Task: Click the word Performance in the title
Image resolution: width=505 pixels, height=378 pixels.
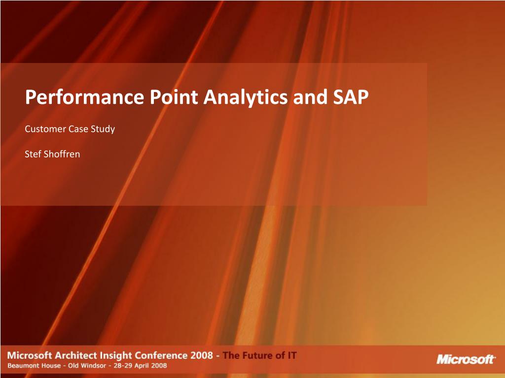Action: pyautogui.click(x=84, y=97)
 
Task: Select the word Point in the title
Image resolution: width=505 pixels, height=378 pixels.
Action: pyautogui.click(x=174, y=96)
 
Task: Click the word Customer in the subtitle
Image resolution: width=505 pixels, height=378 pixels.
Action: pyautogui.click(x=45, y=129)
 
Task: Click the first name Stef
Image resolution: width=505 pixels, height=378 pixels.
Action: pyautogui.click(x=33, y=154)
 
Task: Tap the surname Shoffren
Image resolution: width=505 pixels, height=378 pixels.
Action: pyautogui.click(x=62, y=154)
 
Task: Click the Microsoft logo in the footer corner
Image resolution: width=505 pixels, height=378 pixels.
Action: pyautogui.click(x=466, y=359)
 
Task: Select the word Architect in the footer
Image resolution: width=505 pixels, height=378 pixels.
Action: pyautogui.click(x=75, y=355)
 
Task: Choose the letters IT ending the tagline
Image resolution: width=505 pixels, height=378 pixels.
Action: pyautogui.click(x=292, y=355)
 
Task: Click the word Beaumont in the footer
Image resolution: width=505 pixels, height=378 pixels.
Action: pyautogui.click(x=21, y=366)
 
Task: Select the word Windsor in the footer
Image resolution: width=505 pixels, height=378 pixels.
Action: pyautogui.click(x=93, y=366)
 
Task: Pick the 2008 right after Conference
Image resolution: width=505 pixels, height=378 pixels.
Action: pyautogui.click(x=202, y=355)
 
